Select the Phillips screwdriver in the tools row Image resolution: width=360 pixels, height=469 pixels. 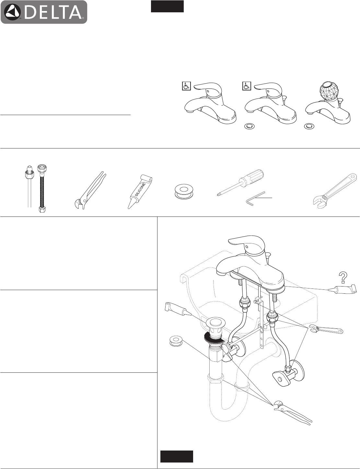(241, 183)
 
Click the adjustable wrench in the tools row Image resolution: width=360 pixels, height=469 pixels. (334, 190)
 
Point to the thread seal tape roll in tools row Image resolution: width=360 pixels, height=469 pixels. (183, 191)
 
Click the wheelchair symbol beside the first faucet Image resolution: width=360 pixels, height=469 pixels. (186, 86)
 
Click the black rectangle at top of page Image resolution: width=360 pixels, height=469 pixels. (167, 6)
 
